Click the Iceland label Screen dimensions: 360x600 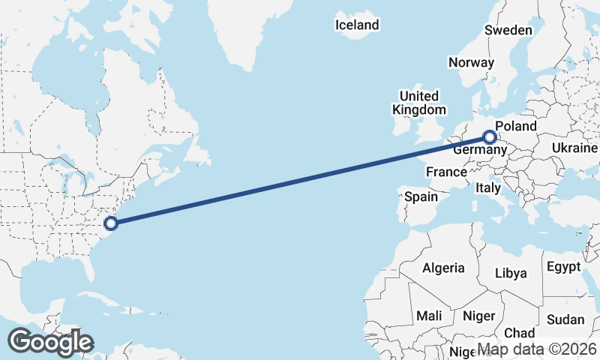(x=357, y=25)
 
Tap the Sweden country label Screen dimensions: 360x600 (x=508, y=30)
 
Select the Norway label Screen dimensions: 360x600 (x=472, y=62)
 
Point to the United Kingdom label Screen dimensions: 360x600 (x=418, y=103)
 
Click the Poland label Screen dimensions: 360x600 (x=517, y=126)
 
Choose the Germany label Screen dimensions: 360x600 (x=475, y=150)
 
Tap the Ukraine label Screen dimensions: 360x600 (x=574, y=148)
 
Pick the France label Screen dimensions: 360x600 (x=446, y=172)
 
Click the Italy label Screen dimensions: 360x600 (x=487, y=188)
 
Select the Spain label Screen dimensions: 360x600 (x=421, y=196)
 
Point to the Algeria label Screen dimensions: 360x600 (x=443, y=268)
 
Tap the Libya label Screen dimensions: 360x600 (x=511, y=273)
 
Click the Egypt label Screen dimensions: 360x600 (x=563, y=267)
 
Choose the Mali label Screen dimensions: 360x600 (x=430, y=316)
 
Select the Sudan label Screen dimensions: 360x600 (x=565, y=319)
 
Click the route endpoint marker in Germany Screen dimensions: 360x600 (x=490, y=137)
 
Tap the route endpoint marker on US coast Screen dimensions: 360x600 (x=111, y=223)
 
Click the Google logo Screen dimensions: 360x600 (x=49, y=342)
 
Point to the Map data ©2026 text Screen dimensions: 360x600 (x=537, y=349)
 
